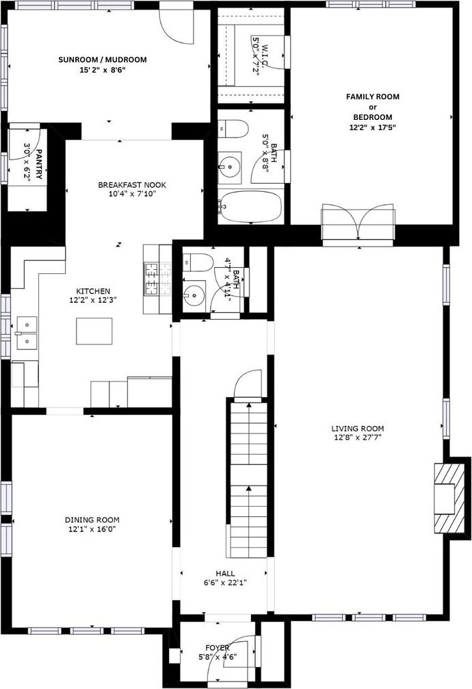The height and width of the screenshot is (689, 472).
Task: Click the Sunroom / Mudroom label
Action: point(103,60)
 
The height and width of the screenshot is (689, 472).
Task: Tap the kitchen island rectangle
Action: point(94,331)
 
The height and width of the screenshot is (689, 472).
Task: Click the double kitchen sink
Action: point(27,333)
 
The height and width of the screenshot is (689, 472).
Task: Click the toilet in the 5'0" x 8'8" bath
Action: point(233,128)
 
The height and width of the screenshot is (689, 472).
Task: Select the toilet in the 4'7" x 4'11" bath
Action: point(198,262)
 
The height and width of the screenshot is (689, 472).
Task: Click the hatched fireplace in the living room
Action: point(449,497)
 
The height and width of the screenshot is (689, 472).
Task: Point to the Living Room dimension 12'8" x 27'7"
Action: point(357,438)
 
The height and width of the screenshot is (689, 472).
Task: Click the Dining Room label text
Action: point(92,520)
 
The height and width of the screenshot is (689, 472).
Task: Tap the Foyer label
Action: point(218,648)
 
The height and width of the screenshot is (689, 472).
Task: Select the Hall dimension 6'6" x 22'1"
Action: point(225,583)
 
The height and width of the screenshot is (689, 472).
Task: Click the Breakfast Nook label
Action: point(132,185)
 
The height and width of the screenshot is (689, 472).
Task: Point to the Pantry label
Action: point(39,164)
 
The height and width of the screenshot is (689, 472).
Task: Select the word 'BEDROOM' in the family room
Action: point(373,117)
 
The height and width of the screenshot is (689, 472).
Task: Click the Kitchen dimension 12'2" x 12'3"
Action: point(92,300)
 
